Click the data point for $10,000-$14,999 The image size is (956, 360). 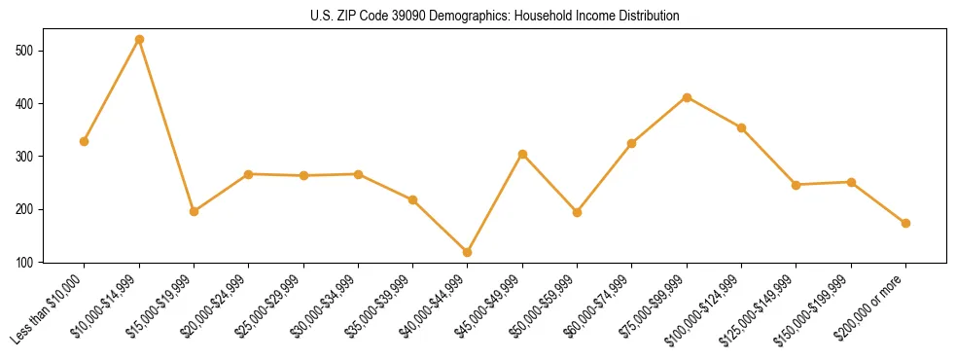pos(139,39)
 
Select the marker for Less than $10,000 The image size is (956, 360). pos(85,141)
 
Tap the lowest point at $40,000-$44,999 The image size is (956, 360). pos(468,252)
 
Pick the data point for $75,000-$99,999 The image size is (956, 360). pos(687,97)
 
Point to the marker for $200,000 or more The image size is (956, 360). pos(905,223)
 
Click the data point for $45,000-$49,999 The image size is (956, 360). pos(522,154)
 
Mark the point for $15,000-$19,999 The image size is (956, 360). pos(194,211)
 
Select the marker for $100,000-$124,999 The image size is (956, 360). pos(741,127)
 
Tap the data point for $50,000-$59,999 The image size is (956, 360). pos(577,212)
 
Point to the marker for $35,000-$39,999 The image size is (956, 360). pos(412,200)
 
